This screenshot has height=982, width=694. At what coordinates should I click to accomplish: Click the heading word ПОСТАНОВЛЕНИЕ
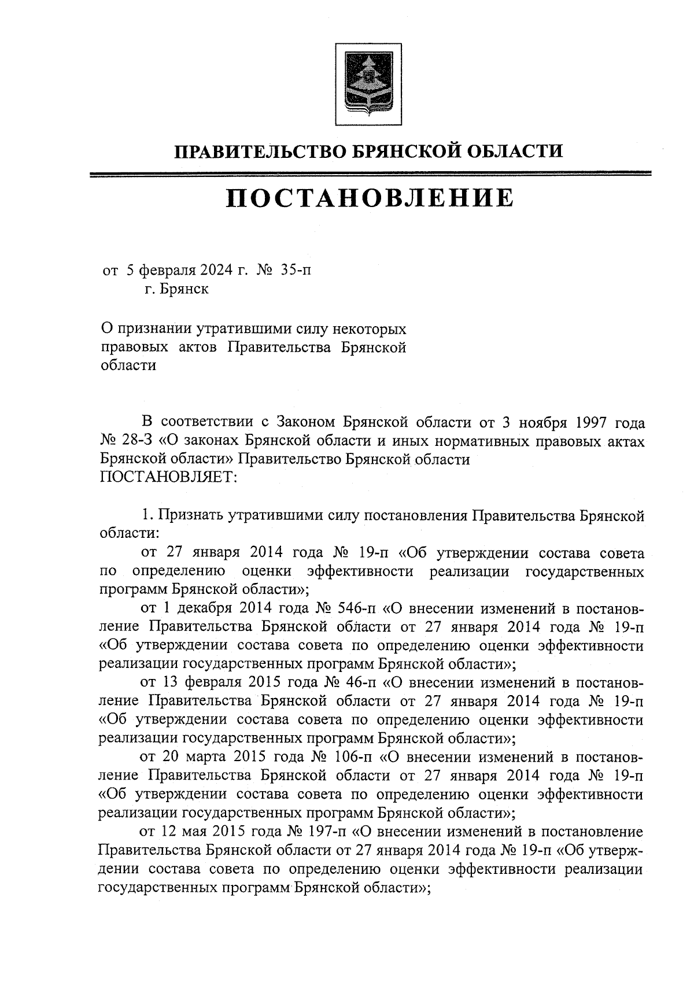(369, 198)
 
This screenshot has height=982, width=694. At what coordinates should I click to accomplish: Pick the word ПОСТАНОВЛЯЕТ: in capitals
(166, 478)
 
